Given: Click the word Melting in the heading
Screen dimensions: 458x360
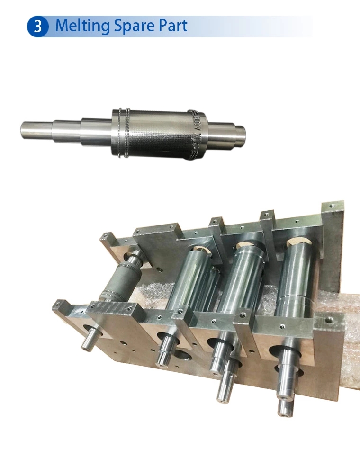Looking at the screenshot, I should [82, 26].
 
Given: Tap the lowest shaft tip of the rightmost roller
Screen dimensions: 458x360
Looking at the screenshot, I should [284, 409].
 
